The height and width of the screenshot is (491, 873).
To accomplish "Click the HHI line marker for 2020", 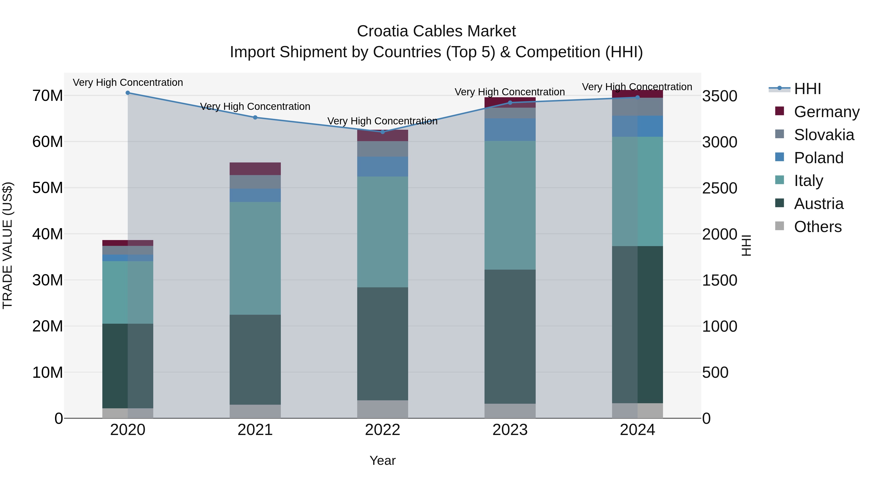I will click(x=128, y=93).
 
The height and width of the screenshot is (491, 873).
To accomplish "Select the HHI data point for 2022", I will click(x=383, y=132).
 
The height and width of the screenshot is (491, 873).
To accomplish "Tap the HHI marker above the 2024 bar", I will click(x=638, y=97).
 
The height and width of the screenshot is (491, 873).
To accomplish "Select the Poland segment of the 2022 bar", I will click(x=383, y=166).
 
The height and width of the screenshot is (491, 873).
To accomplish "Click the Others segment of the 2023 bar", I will click(x=510, y=411).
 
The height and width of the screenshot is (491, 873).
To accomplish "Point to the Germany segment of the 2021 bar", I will click(x=255, y=169).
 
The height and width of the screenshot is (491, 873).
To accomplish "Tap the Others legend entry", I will click(x=817, y=227).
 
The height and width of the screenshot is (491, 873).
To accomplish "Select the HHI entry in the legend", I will click(x=807, y=89).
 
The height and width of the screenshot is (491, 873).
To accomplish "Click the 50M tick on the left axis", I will click(x=48, y=188).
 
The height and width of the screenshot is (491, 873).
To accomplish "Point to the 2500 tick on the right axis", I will click(x=719, y=188).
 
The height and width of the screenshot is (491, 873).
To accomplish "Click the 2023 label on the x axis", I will click(x=510, y=430).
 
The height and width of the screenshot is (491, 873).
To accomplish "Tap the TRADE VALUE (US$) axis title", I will click(x=8, y=245).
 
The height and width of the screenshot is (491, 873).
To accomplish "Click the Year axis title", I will click(x=383, y=460).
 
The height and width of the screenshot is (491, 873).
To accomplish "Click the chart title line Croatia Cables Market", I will click(x=436, y=31).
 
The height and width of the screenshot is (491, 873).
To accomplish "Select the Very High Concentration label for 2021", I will click(x=255, y=106).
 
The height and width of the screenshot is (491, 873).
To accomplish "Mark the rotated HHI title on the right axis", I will click(x=746, y=245).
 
